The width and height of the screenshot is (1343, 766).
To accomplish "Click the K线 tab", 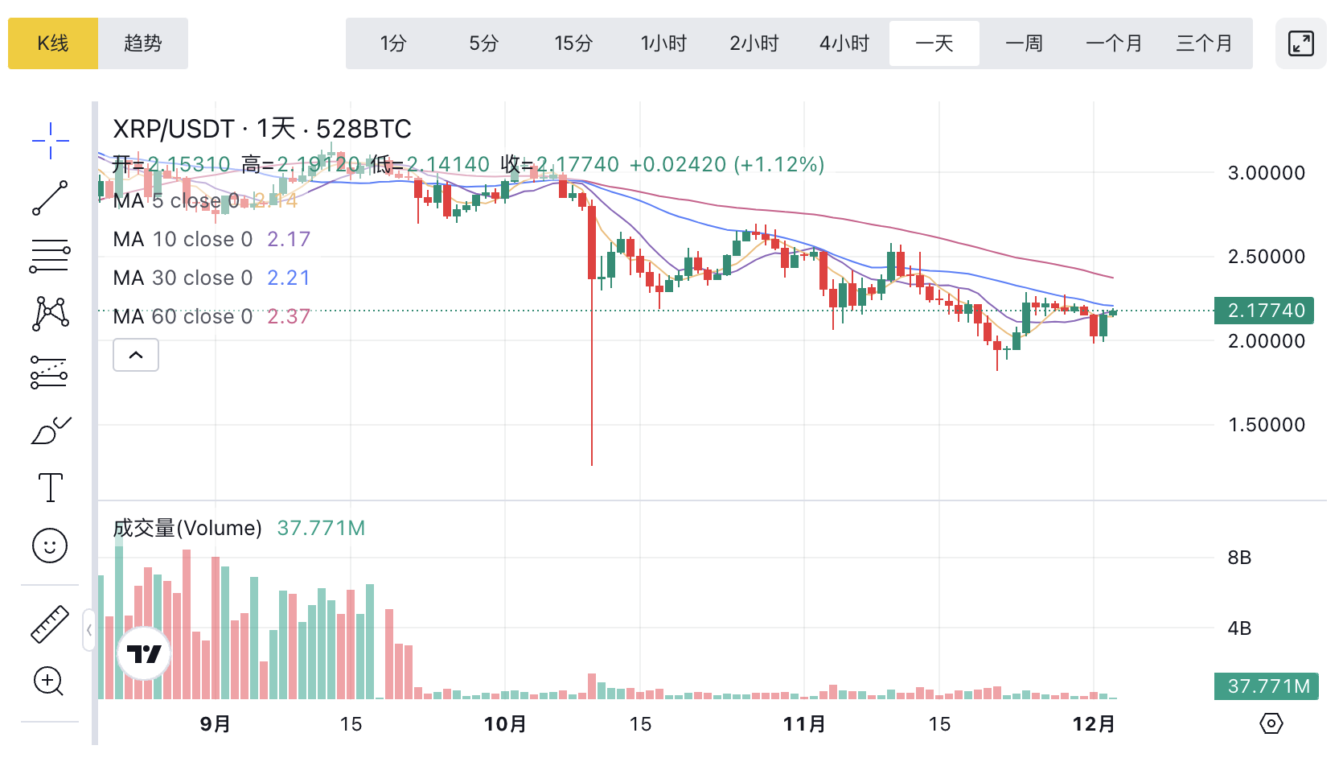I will pyautogui.click(x=53, y=43).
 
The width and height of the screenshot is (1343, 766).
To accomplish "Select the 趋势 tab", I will pyautogui.click(x=143, y=43).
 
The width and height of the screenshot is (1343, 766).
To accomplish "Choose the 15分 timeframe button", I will pyautogui.click(x=573, y=43).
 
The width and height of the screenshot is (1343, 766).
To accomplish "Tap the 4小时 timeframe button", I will pyautogui.click(x=844, y=43).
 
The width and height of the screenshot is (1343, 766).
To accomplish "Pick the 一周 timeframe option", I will pyautogui.click(x=1025, y=43).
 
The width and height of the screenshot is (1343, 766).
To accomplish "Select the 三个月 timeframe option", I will pyautogui.click(x=1205, y=43).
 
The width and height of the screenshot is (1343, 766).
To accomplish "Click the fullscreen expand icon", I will pyautogui.click(x=1300, y=43).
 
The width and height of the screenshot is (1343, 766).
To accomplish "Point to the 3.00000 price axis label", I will pyautogui.click(x=1267, y=173).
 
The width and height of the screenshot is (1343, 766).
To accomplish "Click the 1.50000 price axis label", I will pyautogui.click(x=1267, y=425).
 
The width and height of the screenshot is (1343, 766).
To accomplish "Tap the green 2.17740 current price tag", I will pyautogui.click(x=1265, y=311).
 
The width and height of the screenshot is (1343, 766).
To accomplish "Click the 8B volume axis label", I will pyautogui.click(x=1239, y=558).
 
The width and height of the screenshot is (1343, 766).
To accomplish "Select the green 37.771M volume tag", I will pyautogui.click(x=1267, y=686).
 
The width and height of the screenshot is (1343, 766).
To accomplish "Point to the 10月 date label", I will pyautogui.click(x=505, y=724).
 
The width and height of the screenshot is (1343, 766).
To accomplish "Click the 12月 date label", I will pyautogui.click(x=1094, y=724).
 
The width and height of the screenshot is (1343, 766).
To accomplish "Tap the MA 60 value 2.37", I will pyautogui.click(x=289, y=316).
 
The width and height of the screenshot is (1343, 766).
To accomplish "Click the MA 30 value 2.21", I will pyautogui.click(x=289, y=278).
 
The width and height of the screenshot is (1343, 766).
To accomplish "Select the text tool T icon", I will pyautogui.click(x=50, y=488).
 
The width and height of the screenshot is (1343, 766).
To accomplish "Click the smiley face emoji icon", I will pyautogui.click(x=50, y=546).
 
